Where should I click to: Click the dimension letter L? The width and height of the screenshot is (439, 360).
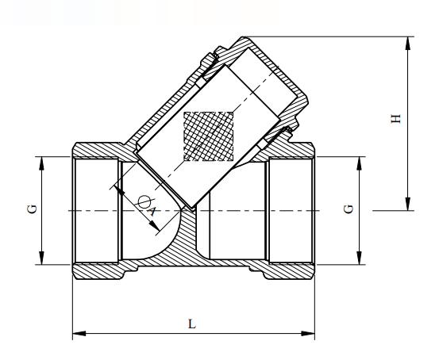click(193, 324)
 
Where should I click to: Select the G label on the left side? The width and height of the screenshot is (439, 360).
click(32, 210)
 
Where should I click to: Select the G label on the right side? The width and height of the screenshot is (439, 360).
click(350, 210)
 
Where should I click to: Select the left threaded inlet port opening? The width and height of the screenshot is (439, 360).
click(95, 210)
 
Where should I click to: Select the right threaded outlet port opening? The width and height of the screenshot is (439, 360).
click(290, 210)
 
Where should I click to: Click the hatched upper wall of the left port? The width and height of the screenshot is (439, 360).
click(95, 151)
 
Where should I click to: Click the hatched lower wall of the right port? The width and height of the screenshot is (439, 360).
click(290, 270)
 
